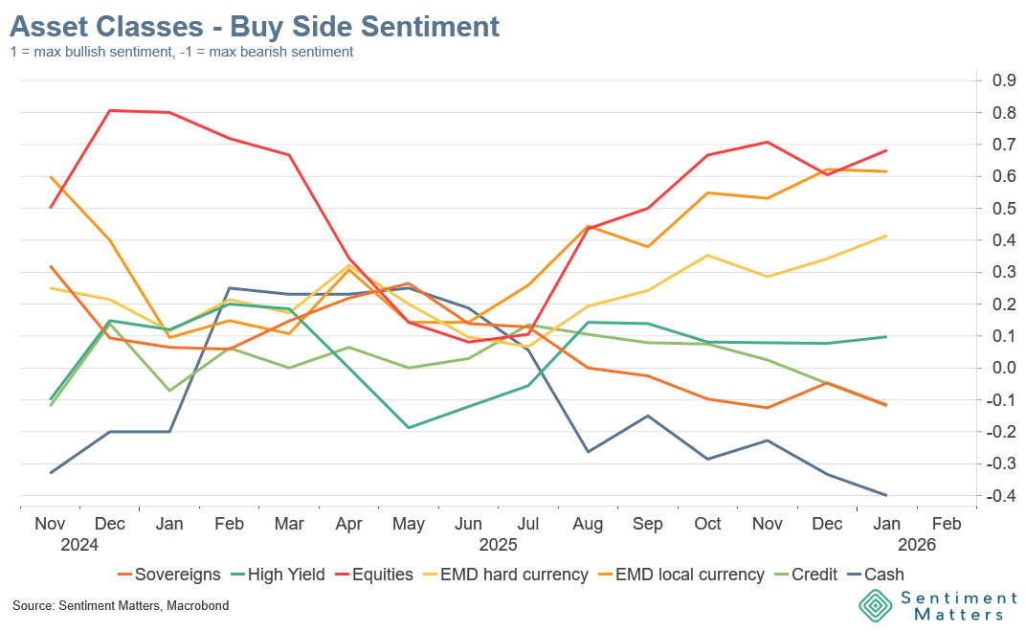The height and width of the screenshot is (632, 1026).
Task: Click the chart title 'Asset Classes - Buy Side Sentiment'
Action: (255, 26)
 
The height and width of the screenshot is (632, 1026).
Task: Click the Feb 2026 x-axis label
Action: (947, 525)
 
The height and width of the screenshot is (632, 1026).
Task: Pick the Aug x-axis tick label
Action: (587, 525)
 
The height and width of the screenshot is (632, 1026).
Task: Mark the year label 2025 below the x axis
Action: (499, 544)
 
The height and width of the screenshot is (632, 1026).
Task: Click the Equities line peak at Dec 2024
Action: (111, 110)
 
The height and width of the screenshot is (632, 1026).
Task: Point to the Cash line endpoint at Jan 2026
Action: (886, 495)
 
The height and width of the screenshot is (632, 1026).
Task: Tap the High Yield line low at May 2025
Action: (410, 427)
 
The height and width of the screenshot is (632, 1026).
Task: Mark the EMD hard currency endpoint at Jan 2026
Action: (886, 236)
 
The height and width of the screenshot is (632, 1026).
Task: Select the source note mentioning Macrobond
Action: (121, 606)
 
